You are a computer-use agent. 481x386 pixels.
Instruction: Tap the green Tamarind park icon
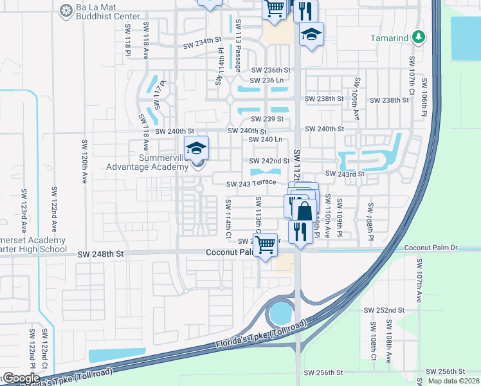point(419,37)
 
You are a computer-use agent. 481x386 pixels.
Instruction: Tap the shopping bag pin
point(305,210)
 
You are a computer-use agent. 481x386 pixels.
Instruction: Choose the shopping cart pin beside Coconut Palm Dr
point(265,245)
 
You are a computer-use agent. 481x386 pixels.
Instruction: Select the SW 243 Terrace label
point(251,184)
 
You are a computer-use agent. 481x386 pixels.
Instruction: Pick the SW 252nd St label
point(384,310)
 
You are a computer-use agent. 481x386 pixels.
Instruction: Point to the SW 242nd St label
point(269,161)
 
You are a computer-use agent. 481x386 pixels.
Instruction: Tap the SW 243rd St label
point(345,174)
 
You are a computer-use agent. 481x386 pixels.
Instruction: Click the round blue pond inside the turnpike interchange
point(280,313)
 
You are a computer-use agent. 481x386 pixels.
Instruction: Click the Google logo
point(21,378)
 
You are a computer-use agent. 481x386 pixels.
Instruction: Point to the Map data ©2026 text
point(453,381)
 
